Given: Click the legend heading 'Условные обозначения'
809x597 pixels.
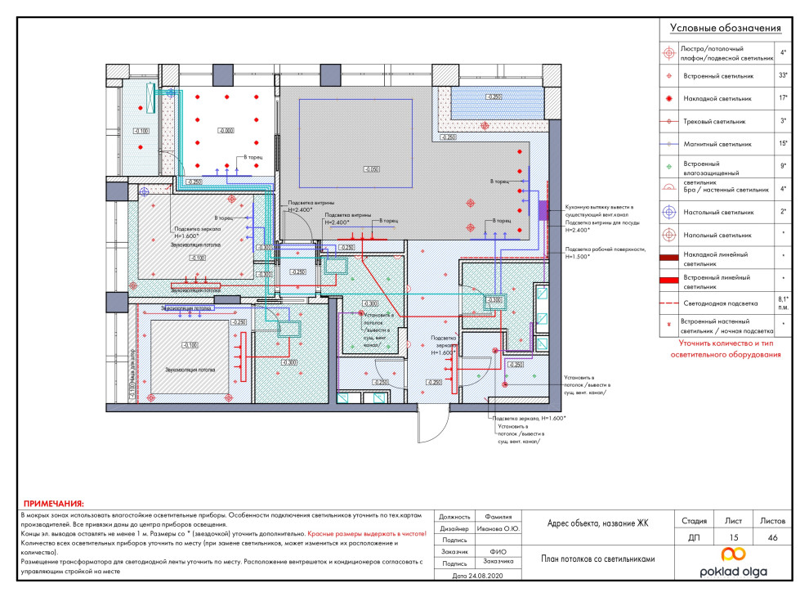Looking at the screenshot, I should [x=726, y=28].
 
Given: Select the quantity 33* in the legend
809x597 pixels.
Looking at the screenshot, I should [x=783, y=75].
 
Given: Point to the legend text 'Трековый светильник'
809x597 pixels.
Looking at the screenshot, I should [x=713, y=121].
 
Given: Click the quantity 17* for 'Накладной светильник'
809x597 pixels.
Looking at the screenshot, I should [x=783, y=98].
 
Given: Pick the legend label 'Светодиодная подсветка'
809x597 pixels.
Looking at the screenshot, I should [x=719, y=303].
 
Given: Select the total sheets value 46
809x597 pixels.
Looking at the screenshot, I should [x=773, y=537].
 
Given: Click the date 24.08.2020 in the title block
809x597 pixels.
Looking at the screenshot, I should [x=479, y=576].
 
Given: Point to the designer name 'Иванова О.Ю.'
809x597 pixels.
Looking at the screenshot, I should [x=499, y=528].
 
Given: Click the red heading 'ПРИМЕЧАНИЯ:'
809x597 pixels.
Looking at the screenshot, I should [x=53, y=505].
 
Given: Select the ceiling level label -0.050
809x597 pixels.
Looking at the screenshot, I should [x=372, y=168].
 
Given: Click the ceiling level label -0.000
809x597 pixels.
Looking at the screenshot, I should [x=226, y=130].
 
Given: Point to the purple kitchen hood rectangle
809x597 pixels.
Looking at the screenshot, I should [x=543, y=208].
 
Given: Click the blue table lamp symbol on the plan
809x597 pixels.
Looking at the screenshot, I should [x=144, y=191].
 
